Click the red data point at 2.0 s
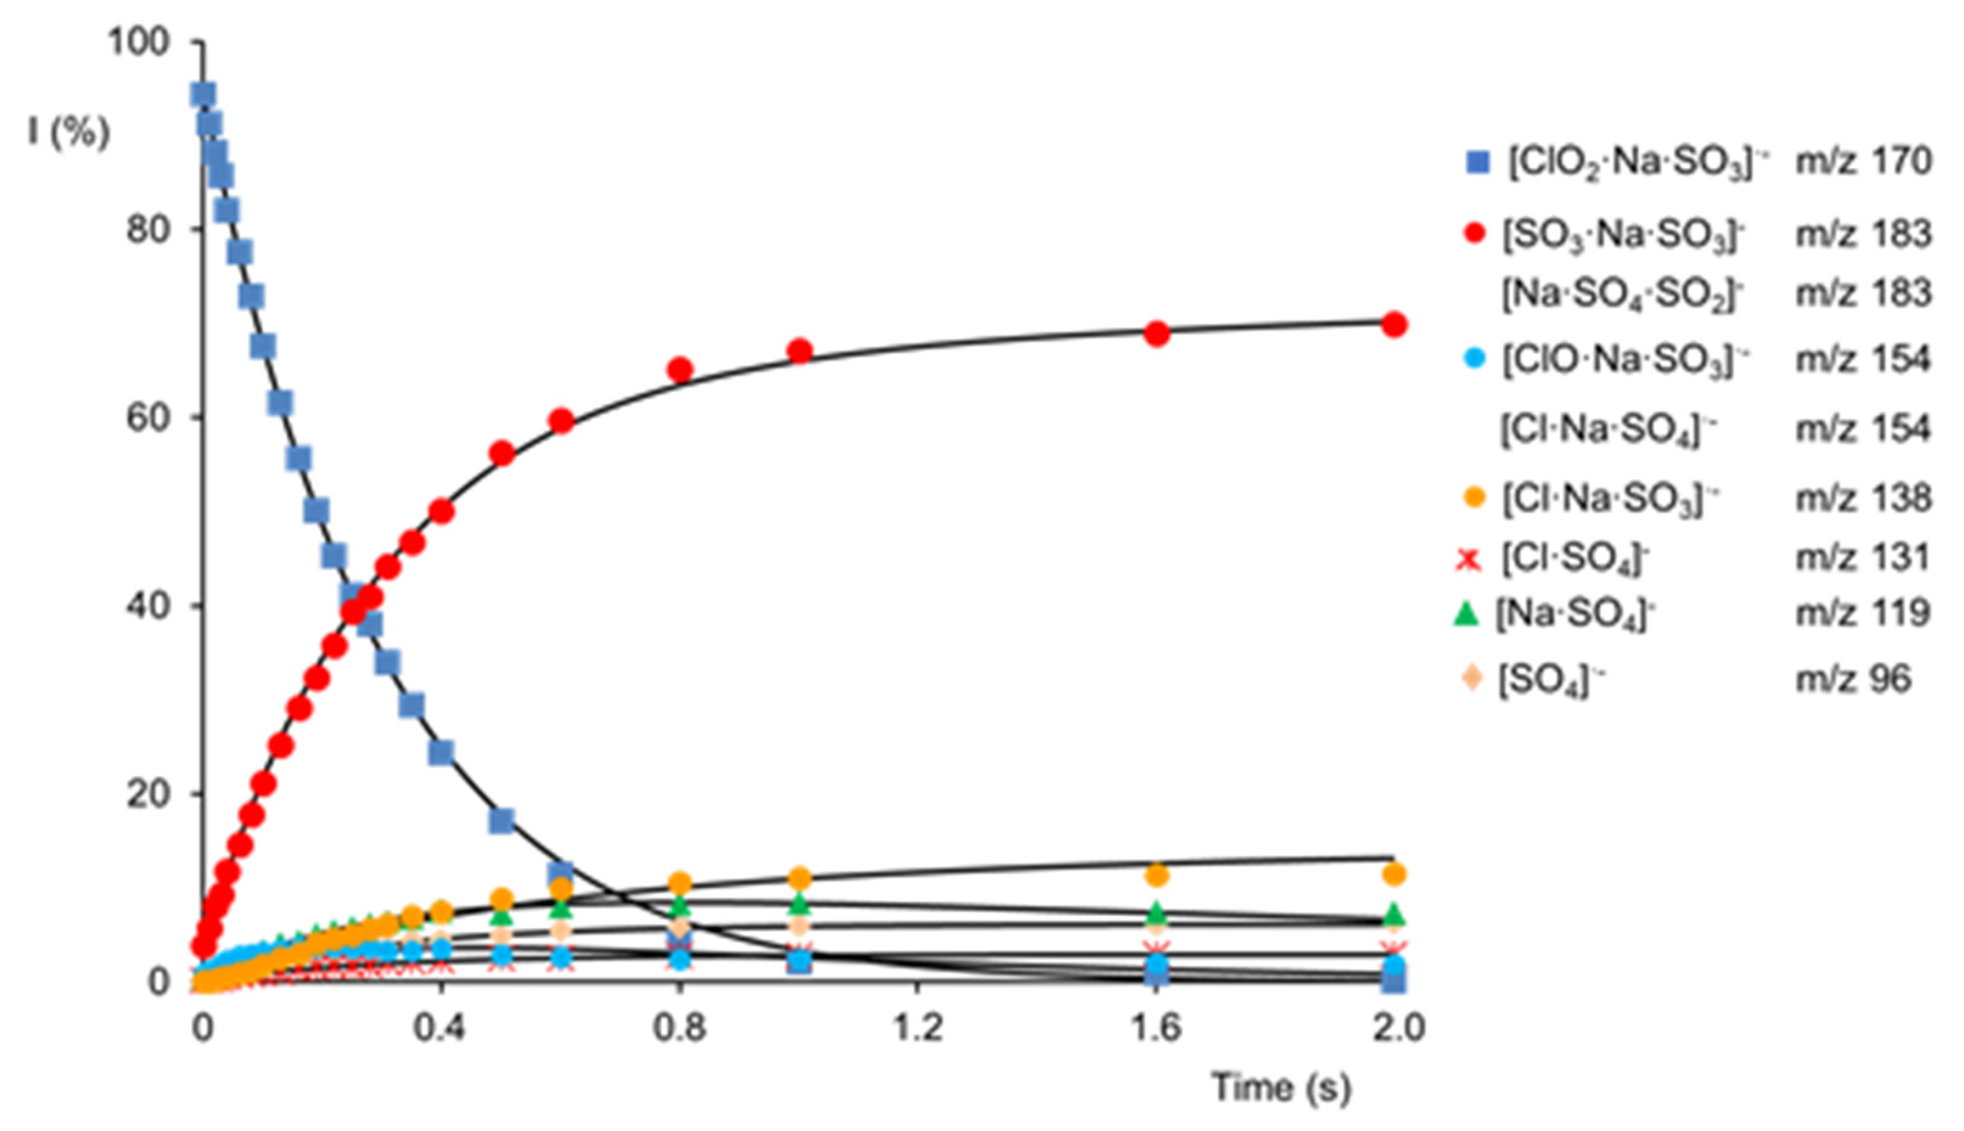click(x=1394, y=324)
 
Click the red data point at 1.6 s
click(x=1157, y=333)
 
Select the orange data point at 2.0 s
click(x=1394, y=874)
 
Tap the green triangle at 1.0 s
click(x=800, y=904)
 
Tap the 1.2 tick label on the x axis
click(x=917, y=1028)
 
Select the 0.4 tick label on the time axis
click(x=440, y=1028)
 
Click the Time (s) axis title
click(x=1282, y=1088)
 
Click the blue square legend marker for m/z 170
click(x=1477, y=162)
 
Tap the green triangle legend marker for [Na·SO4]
click(x=1467, y=614)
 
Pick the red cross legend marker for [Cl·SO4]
click(x=1468, y=558)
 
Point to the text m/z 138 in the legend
click(x=1863, y=498)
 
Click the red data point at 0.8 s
click(x=680, y=370)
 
